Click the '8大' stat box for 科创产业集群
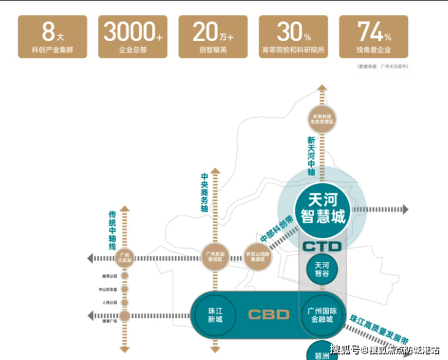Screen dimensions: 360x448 tap(53, 36)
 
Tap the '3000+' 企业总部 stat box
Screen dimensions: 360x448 tap(133, 36)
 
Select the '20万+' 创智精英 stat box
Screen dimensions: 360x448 tap(212, 36)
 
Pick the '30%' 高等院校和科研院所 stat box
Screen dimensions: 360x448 tap(294, 36)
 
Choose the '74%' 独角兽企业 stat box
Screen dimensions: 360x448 tap(374, 36)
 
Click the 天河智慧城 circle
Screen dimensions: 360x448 tap(323, 208)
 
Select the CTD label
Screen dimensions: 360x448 tap(323, 246)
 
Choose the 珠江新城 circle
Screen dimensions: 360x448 tap(215, 314)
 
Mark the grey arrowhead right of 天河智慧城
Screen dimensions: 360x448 tap(404, 209)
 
